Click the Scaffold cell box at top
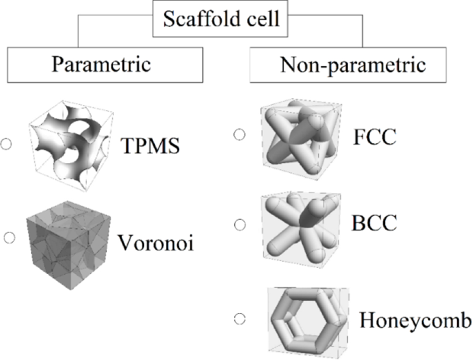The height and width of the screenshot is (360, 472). [222, 19]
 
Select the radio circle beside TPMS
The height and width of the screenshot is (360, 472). [7, 145]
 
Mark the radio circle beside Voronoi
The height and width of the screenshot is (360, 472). [10, 238]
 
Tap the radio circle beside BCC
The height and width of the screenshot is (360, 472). [239, 224]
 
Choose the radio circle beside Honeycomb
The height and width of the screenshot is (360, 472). [239, 319]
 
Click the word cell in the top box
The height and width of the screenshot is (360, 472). [263, 19]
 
